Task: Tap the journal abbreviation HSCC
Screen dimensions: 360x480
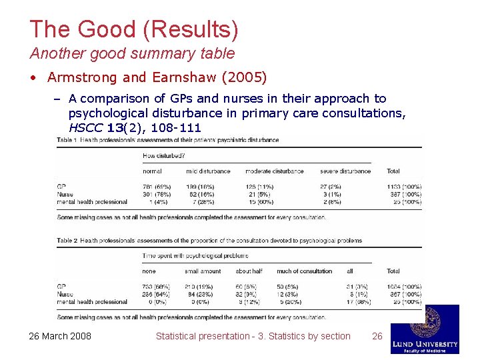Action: click(86, 127)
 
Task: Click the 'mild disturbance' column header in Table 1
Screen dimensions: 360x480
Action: click(208, 171)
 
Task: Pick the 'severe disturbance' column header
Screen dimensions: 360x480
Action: click(345, 171)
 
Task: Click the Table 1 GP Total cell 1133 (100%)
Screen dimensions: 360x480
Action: click(403, 187)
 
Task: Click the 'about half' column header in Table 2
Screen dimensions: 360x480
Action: click(249, 271)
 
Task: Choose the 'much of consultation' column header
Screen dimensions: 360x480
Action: click(304, 271)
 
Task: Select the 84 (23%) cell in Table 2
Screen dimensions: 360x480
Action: click(199, 294)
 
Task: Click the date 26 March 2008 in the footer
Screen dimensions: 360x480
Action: click(61, 336)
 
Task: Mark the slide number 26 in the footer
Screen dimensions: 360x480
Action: click(377, 336)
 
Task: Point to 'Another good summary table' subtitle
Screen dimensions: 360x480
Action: click(132, 53)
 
